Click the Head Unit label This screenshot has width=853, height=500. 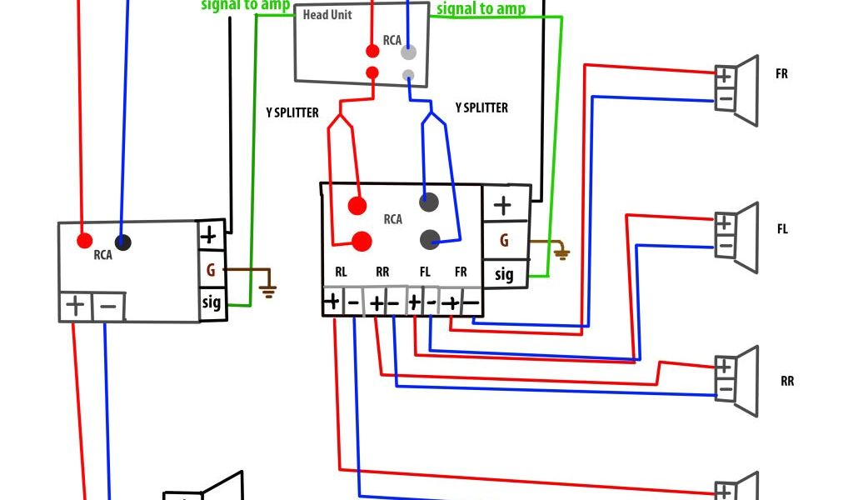coord(327,15)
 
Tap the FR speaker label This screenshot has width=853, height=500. coord(781,73)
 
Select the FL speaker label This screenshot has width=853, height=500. coord(782,229)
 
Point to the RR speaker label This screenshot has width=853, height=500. coord(787,381)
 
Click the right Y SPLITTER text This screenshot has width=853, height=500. coord(481,107)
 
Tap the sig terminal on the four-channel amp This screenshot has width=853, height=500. coord(505,273)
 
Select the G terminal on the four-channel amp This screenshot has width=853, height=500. coord(504,241)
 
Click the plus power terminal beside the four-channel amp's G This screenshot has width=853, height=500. coord(503,205)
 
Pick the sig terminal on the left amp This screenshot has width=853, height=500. coord(212,302)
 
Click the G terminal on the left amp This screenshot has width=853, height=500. coord(211,270)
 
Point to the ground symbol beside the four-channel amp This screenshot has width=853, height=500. coord(562,252)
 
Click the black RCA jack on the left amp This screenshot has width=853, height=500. coord(123,242)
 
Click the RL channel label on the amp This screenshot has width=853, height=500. coord(342,272)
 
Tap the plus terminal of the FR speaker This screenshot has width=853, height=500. coord(724,74)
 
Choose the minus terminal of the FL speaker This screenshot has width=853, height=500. coord(724,246)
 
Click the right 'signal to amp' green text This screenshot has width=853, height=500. coord(481,9)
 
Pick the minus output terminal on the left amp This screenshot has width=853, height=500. coord(108,307)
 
